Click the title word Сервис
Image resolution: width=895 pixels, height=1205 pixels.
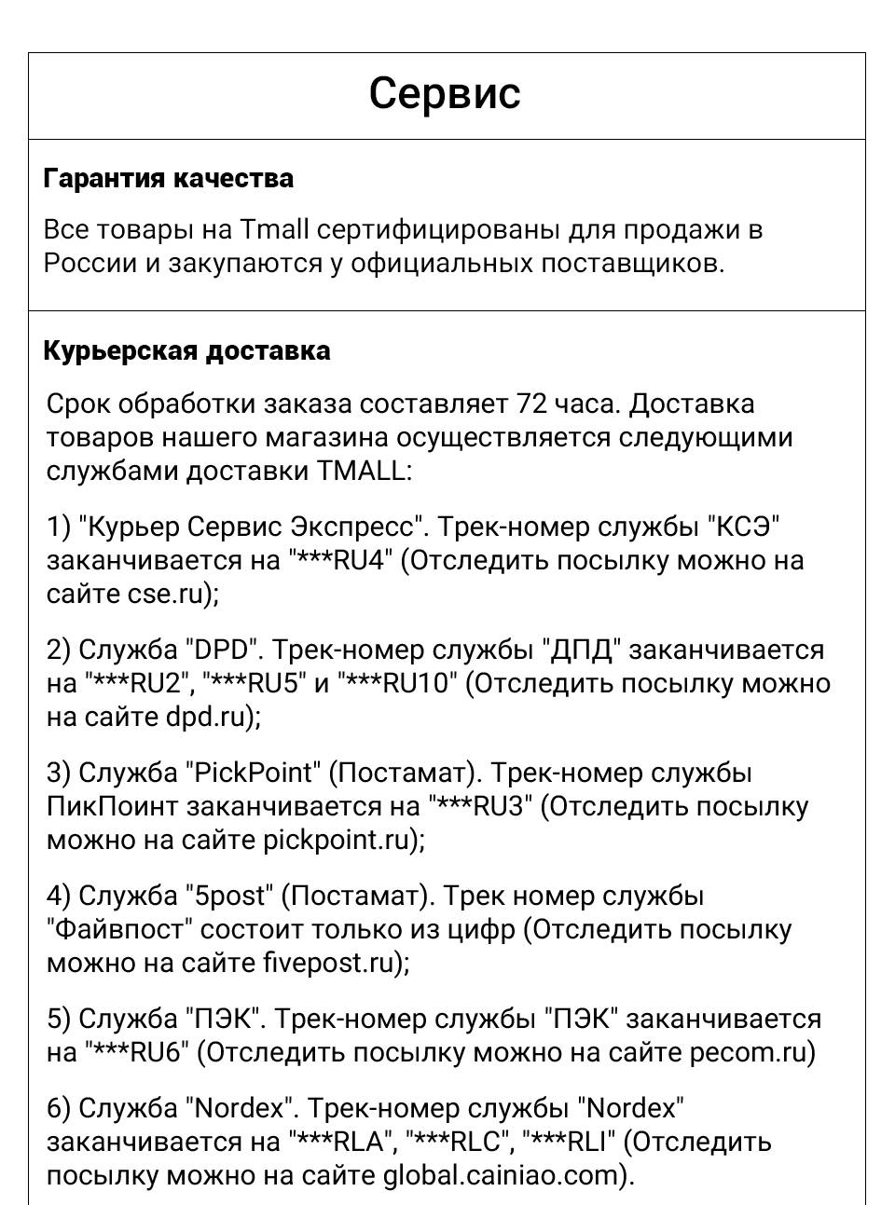[x=444, y=93]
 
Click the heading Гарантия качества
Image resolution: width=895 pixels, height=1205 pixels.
[x=168, y=178]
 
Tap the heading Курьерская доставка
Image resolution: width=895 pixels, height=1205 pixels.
[x=186, y=351]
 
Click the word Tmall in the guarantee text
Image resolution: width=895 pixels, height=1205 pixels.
[x=274, y=229]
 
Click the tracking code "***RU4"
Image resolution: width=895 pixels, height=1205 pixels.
[x=341, y=561]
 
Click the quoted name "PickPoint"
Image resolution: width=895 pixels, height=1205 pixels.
[x=252, y=774]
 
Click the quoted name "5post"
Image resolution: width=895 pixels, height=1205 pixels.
[x=228, y=897]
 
